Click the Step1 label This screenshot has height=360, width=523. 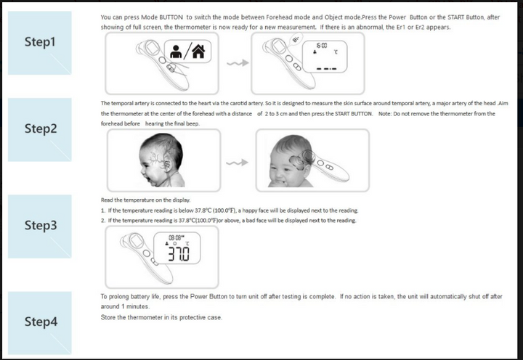pos(40,42)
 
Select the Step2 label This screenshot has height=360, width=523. pos(40,128)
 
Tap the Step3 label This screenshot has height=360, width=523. pos(40,225)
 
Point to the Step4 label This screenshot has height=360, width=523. pos(40,322)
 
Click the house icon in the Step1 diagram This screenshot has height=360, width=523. pos(198,52)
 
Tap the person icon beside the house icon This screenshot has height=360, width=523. pos(177,52)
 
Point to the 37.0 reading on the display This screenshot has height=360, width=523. pos(178,253)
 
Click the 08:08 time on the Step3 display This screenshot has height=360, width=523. pos(176,237)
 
